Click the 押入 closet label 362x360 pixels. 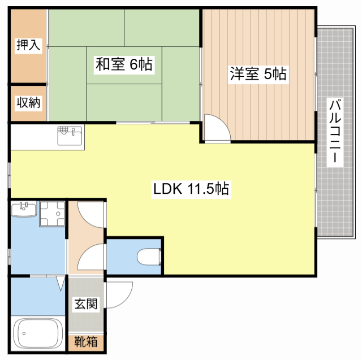(28, 46)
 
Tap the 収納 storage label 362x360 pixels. (28, 103)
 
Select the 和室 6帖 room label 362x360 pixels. (123, 64)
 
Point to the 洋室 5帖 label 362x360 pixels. (257, 74)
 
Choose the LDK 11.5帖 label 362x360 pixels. (191, 189)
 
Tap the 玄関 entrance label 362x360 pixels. (86, 304)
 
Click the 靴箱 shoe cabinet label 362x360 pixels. (86, 342)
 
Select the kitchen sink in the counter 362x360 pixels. (70, 136)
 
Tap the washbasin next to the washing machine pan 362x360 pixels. (24, 209)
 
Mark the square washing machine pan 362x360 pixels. (52, 214)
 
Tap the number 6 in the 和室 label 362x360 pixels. (133, 64)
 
